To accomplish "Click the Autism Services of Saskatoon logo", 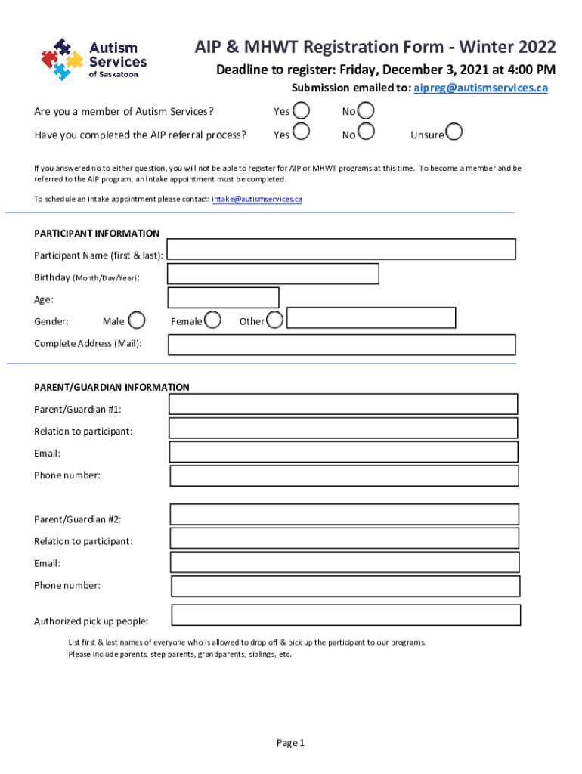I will [x=93, y=60].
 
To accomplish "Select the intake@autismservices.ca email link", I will [x=257, y=199].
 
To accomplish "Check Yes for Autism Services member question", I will [x=300, y=111].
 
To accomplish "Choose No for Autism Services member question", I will [x=366, y=111].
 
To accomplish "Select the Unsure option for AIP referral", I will [x=454, y=133].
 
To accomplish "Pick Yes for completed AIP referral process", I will [x=300, y=133].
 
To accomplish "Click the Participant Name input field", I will [x=341, y=249].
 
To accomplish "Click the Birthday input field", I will [x=273, y=274].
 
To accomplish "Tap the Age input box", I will [x=223, y=298].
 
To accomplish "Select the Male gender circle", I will [x=137, y=320].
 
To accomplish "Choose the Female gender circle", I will [x=213, y=320].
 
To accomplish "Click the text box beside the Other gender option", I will [x=371, y=318].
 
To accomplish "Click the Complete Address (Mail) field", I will [x=341, y=345].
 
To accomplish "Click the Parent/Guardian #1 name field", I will [x=342, y=404].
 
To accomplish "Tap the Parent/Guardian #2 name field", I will [x=344, y=515].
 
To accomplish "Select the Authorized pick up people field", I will [x=346, y=615].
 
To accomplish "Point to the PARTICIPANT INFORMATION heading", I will [x=97, y=234].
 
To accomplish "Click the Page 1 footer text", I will [x=290, y=743].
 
